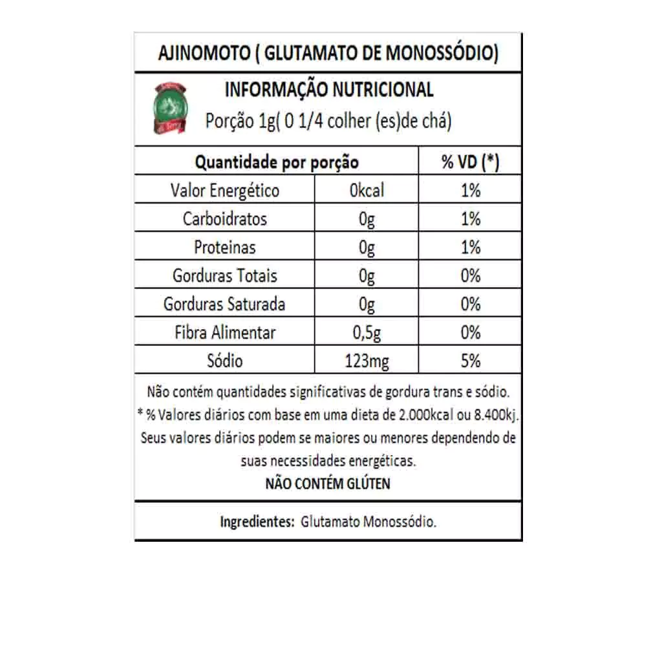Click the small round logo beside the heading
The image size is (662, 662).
(x=170, y=108)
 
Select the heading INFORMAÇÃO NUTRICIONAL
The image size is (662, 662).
(x=328, y=90)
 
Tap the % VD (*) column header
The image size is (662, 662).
(x=470, y=162)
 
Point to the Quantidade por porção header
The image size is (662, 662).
(x=277, y=162)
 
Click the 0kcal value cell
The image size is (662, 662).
(x=367, y=190)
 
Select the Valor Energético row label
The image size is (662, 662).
(x=224, y=190)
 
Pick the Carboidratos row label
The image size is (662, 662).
(x=224, y=219)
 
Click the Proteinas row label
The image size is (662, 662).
(x=224, y=247)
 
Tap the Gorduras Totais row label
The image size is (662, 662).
(x=224, y=275)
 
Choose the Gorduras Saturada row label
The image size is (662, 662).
(x=224, y=304)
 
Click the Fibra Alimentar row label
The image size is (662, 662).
(x=224, y=332)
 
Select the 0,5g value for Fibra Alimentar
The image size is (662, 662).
(x=367, y=332)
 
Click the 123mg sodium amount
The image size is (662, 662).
(x=367, y=361)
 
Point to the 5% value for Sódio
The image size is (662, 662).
(x=470, y=361)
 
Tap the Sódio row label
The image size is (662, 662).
(x=224, y=361)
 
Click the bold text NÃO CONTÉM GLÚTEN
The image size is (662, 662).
(x=328, y=484)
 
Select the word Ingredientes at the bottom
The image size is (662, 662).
(x=257, y=522)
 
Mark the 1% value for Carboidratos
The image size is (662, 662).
(x=470, y=219)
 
